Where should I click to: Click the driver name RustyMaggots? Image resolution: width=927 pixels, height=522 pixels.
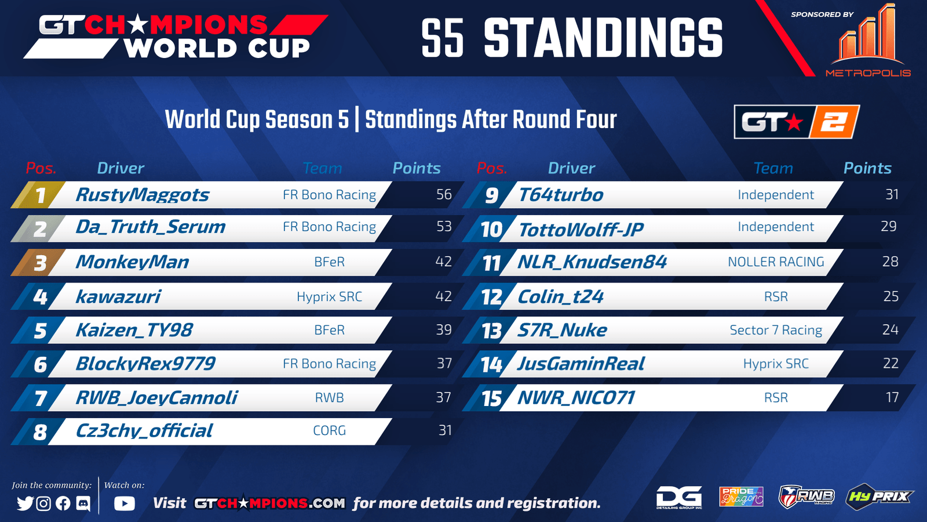tap(143, 195)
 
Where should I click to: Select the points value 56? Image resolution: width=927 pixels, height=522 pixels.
tap(444, 194)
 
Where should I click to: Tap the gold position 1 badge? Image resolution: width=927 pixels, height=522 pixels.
tap(39, 195)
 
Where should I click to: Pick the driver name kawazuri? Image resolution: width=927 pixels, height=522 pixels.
tap(118, 296)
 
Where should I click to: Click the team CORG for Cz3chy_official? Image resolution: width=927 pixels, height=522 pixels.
tap(330, 430)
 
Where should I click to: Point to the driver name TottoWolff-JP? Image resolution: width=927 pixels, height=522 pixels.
tap(582, 230)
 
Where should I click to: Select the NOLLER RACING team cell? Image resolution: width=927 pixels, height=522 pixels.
tap(776, 262)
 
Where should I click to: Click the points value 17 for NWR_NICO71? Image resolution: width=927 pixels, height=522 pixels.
tap(892, 397)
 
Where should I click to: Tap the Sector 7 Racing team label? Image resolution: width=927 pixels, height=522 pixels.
tap(776, 330)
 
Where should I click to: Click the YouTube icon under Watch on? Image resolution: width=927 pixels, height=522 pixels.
tap(125, 503)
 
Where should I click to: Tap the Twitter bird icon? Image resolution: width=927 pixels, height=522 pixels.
tap(25, 503)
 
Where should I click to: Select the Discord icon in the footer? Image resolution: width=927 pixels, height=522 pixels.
tap(83, 503)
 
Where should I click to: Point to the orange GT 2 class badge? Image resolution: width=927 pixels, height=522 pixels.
tap(797, 122)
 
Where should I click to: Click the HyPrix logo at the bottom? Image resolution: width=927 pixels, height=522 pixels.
tap(879, 496)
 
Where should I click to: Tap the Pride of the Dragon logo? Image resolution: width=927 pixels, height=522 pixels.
tap(741, 496)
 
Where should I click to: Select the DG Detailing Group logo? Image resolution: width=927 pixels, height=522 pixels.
tap(679, 497)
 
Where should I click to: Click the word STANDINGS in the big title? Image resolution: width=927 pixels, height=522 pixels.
tap(603, 38)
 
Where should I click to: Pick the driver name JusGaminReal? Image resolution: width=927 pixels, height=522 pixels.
tap(581, 364)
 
